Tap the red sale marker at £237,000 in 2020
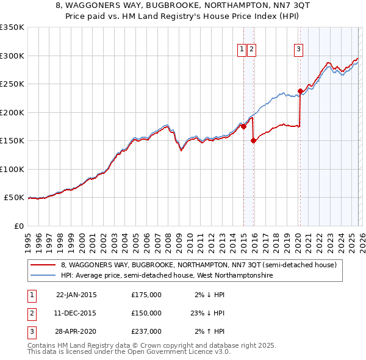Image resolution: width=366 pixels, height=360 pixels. [x=300, y=92]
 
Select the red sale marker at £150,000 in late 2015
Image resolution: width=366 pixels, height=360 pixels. [x=253, y=140]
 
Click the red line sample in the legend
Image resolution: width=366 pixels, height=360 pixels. [x=43, y=265]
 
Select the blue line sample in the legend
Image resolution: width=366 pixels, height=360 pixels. [x=43, y=276]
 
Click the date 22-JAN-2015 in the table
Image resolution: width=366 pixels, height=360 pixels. [x=76, y=295]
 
